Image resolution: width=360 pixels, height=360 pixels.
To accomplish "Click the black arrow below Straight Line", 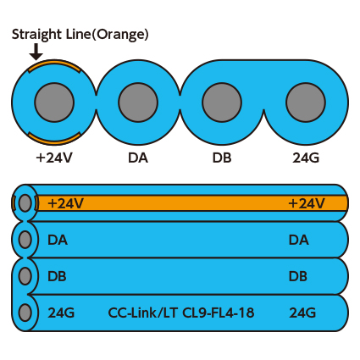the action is coord(36,52).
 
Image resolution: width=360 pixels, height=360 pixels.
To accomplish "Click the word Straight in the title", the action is coord(36,35).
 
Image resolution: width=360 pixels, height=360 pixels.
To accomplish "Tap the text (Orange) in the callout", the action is coord(120,35).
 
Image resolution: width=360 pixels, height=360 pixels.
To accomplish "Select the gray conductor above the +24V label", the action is coord(54,102).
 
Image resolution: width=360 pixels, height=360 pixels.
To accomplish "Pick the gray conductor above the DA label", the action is coord(138,102).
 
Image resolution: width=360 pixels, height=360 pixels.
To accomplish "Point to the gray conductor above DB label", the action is coord(222,102).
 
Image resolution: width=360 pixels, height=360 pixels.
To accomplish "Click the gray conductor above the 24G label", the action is coord(306,102).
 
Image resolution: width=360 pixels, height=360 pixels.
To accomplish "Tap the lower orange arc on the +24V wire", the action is coord(54,138).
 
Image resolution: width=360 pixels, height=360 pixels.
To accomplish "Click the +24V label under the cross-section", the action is coord(54,158).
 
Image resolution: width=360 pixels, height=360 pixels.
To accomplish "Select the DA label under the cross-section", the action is coord(138,158).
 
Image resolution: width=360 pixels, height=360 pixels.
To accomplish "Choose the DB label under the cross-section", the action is coord(222,158).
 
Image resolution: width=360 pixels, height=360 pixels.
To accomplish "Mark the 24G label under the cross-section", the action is coord(306,158).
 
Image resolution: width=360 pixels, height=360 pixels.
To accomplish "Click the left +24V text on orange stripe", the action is coord(65,203).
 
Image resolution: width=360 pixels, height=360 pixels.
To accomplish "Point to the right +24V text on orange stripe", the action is coord(307,203).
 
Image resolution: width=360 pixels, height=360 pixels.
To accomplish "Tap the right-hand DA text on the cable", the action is coord(299,240).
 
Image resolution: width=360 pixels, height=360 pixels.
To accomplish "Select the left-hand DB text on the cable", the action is coord(57,276).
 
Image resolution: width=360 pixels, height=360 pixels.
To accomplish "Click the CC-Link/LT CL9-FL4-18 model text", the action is coord(181,313).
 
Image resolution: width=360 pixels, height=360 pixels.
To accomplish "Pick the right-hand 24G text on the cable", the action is coord(302,313).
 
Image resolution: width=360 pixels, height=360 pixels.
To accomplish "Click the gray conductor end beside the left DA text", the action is coord(25,239).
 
